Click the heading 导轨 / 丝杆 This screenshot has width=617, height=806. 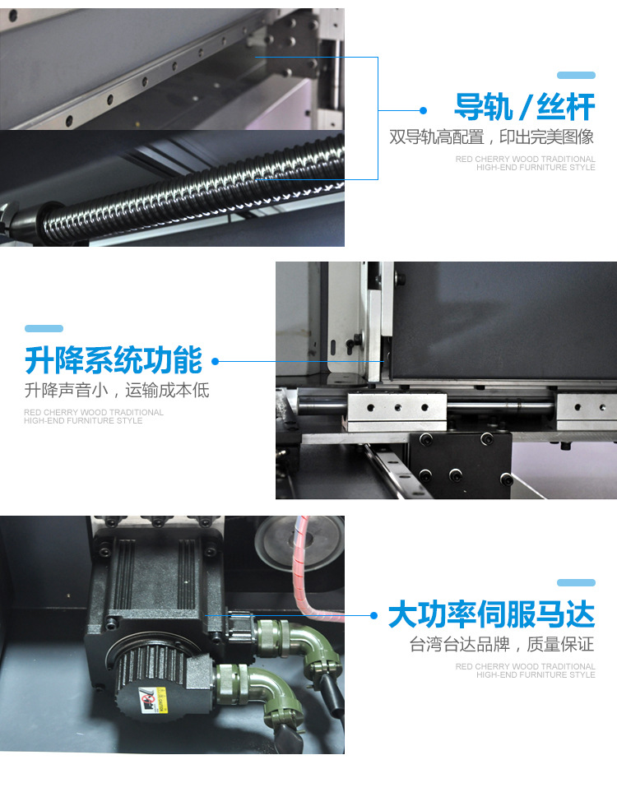(525, 107)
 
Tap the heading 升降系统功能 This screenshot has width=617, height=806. (114, 360)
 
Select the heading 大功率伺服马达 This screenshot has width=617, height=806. (492, 614)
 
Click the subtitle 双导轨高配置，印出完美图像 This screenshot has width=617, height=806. (492, 137)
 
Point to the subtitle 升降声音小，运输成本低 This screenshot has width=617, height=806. (117, 390)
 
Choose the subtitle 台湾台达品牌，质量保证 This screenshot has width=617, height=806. (502, 644)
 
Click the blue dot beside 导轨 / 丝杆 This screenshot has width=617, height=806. (423, 110)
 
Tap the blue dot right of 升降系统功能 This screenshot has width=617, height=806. (216, 361)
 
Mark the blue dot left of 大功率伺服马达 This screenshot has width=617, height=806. (373, 615)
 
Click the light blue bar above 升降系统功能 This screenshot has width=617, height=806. (44, 328)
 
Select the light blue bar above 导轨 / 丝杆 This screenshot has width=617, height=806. (576, 75)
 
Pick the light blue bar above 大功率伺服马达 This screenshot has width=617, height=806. (576, 582)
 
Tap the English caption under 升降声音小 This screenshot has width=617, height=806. (94, 416)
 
